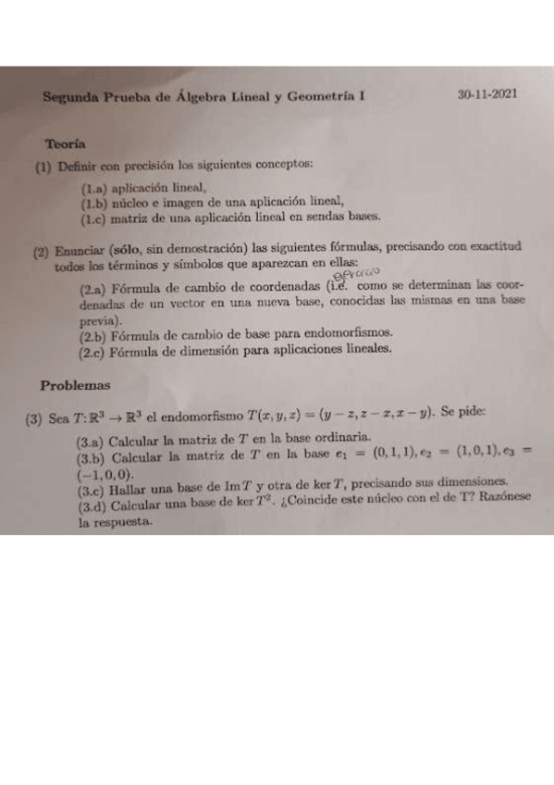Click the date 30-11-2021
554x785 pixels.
pos(489,94)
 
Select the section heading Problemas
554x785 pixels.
pos(75,383)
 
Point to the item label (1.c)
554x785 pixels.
pos(93,218)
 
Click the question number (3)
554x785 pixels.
pos(34,418)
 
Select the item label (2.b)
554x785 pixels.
pos(93,334)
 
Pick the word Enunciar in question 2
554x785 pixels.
pos(81,250)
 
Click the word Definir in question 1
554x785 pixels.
pos(76,166)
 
